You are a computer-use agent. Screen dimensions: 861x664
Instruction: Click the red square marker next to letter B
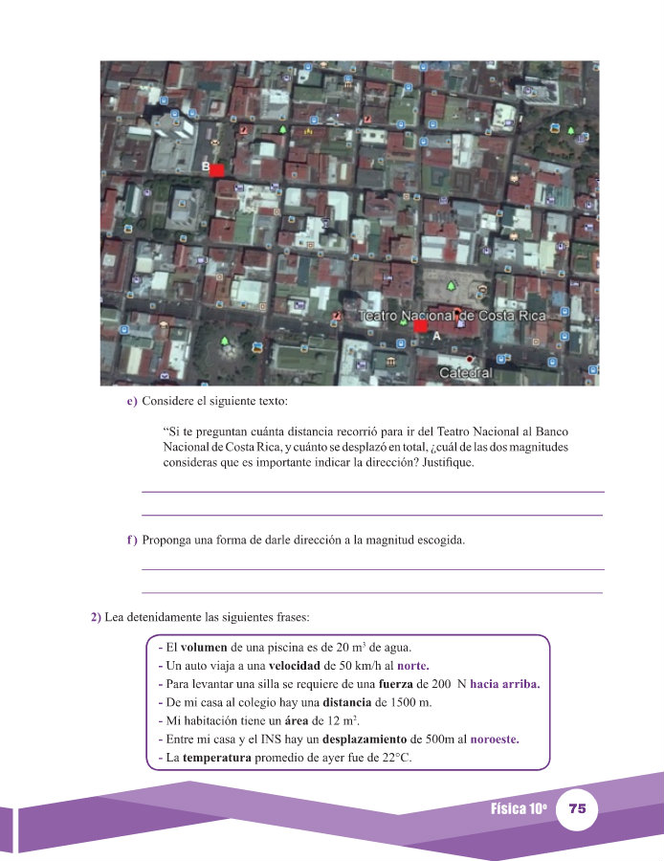(x=217, y=170)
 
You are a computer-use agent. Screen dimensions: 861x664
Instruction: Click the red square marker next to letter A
(x=421, y=326)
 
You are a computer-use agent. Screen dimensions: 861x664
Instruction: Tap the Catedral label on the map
(x=465, y=372)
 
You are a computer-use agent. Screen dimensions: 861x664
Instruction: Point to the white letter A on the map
(x=436, y=337)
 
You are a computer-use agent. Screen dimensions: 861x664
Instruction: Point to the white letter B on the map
(x=206, y=166)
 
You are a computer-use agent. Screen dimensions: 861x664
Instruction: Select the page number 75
(x=577, y=808)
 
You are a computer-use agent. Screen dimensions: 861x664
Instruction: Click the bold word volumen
(x=203, y=648)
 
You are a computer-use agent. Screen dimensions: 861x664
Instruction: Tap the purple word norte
(x=412, y=666)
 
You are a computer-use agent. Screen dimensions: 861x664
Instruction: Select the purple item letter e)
(x=132, y=401)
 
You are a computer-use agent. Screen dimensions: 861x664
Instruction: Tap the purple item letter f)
(x=132, y=541)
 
